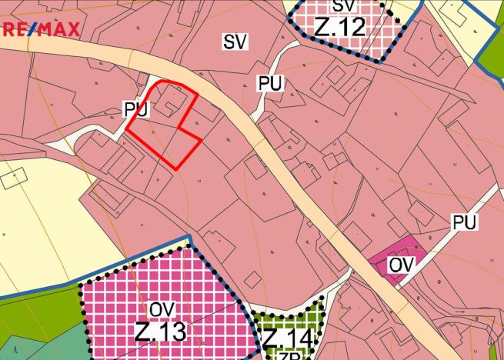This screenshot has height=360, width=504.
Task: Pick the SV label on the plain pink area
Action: click(235, 42)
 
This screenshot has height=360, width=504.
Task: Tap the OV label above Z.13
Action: click(161, 309)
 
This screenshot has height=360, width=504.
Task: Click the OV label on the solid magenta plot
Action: click(402, 265)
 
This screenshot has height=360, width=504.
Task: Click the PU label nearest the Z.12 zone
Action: click(269, 84)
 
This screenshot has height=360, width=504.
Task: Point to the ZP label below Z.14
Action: click(288, 355)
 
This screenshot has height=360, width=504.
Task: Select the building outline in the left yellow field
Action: click(13, 178)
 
